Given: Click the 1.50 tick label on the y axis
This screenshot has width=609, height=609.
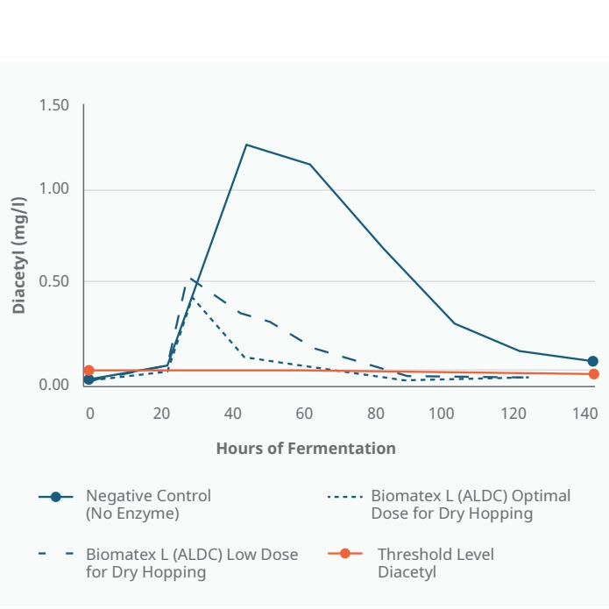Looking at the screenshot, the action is (x=54, y=105).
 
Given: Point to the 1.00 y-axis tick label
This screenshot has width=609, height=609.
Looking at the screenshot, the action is (x=54, y=188).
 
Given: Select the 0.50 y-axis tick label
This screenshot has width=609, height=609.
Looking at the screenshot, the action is (x=54, y=281).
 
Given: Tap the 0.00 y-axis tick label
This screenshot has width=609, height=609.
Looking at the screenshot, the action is (x=54, y=384).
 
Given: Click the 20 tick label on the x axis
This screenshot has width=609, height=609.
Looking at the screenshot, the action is (x=161, y=414).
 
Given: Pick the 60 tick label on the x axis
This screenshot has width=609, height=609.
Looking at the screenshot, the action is (x=304, y=414).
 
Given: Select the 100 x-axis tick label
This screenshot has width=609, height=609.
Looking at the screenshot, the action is (x=442, y=414).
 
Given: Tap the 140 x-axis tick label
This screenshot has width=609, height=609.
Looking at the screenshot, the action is (x=585, y=414).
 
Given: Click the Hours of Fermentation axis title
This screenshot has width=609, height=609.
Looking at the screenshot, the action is (x=306, y=448).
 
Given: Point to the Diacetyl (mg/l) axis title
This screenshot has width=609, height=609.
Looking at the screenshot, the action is (x=19, y=255).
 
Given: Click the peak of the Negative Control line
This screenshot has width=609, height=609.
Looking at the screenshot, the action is (x=246, y=145).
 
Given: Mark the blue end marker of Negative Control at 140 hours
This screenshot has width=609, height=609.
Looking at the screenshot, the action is (x=592, y=361).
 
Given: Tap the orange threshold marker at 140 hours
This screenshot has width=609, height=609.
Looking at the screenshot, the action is (x=594, y=374).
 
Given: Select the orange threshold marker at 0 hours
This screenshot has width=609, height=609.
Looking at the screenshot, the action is (x=89, y=370).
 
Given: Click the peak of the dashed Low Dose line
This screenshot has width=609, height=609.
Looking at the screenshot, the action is (x=190, y=279).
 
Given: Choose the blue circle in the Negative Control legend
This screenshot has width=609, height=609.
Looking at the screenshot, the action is (x=56, y=497).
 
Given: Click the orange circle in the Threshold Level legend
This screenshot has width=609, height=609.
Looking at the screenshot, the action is (x=345, y=553).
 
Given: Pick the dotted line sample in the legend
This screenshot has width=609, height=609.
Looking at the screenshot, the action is (x=345, y=497).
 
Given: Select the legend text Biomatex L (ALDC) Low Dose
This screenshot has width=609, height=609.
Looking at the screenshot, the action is (x=192, y=555).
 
